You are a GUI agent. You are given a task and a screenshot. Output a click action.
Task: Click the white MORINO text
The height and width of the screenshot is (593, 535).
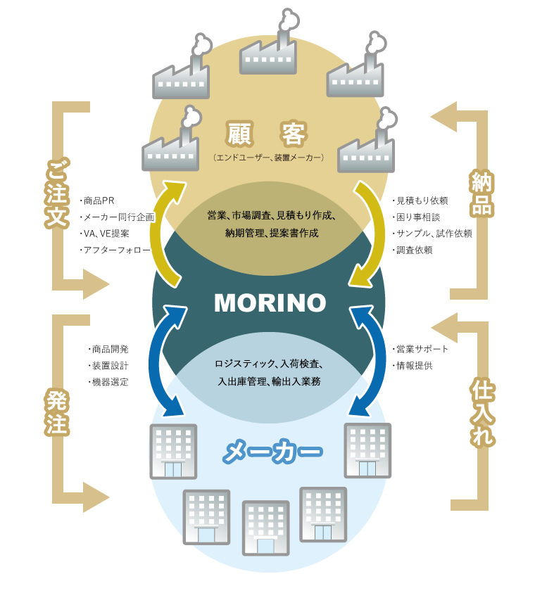(x=270, y=302)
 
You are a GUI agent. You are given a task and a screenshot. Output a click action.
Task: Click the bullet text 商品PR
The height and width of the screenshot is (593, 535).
(x=103, y=200)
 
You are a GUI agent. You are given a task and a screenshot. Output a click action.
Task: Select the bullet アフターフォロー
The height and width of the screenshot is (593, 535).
(x=116, y=250)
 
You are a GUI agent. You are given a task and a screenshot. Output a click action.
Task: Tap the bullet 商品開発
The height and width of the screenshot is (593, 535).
(x=109, y=348)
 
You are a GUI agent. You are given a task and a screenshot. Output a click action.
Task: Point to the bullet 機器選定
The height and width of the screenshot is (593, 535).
(x=109, y=382)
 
